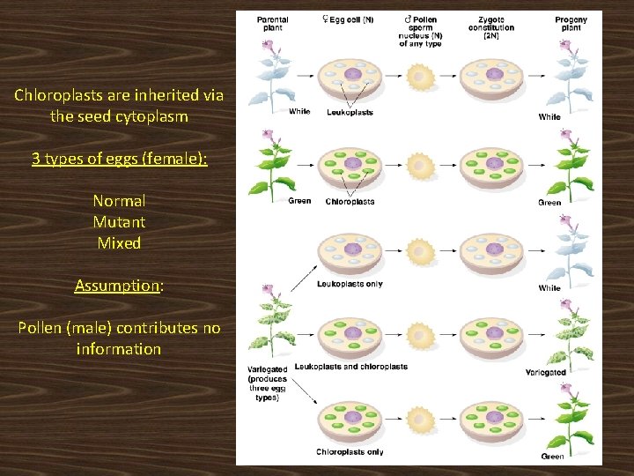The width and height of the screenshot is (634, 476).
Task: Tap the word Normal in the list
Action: tap(119, 201)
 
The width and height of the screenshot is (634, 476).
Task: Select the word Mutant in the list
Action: tap(119, 222)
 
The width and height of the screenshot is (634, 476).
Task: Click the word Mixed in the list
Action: tap(119, 243)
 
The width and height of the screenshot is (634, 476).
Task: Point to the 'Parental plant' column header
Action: tap(272, 24)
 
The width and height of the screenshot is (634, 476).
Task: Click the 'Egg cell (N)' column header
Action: tap(348, 19)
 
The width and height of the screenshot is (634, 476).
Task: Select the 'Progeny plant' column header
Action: tap(571, 24)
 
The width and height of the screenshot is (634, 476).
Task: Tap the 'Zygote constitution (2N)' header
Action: tap(491, 27)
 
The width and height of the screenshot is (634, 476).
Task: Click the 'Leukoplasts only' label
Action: tap(350, 284)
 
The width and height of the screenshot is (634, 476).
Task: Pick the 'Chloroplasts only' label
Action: tap(350, 452)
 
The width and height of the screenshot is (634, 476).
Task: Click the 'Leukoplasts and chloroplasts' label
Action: tap(350, 367)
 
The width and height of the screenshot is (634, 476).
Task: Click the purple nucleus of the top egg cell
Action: tap(352, 76)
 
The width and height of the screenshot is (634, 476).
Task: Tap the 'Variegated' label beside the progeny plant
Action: tap(545, 373)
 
